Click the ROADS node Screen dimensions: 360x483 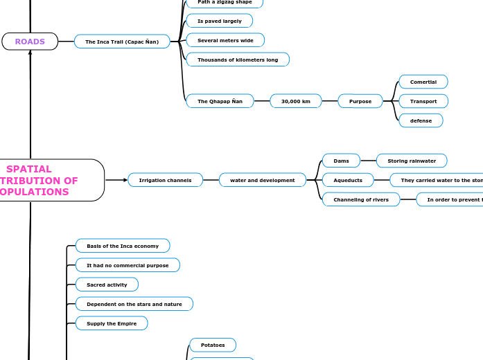(x=30, y=42)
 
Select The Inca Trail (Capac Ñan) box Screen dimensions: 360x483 (x=122, y=42)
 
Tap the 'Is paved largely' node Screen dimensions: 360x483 (x=220, y=21)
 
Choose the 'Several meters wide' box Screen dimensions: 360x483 (x=225, y=40)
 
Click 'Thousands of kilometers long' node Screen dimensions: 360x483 (x=238, y=60)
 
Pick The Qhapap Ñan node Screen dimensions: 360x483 (x=220, y=101)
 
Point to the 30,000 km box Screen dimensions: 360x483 (x=296, y=101)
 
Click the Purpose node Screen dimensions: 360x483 (x=360, y=101)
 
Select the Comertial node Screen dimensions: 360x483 (x=423, y=82)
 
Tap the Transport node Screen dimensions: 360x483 (x=423, y=101)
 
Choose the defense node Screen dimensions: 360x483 (x=421, y=120)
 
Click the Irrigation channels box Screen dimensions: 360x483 (x=166, y=180)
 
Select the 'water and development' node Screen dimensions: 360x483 (x=263, y=180)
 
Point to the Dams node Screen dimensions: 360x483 (x=342, y=161)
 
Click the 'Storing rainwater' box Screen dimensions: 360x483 (x=412, y=161)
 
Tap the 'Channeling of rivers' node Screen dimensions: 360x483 (x=361, y=199)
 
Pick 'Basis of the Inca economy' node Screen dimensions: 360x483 (x=123, y=246)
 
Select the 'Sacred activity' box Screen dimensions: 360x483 (x=107, y=285)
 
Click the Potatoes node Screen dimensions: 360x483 (x=213, y=345)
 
